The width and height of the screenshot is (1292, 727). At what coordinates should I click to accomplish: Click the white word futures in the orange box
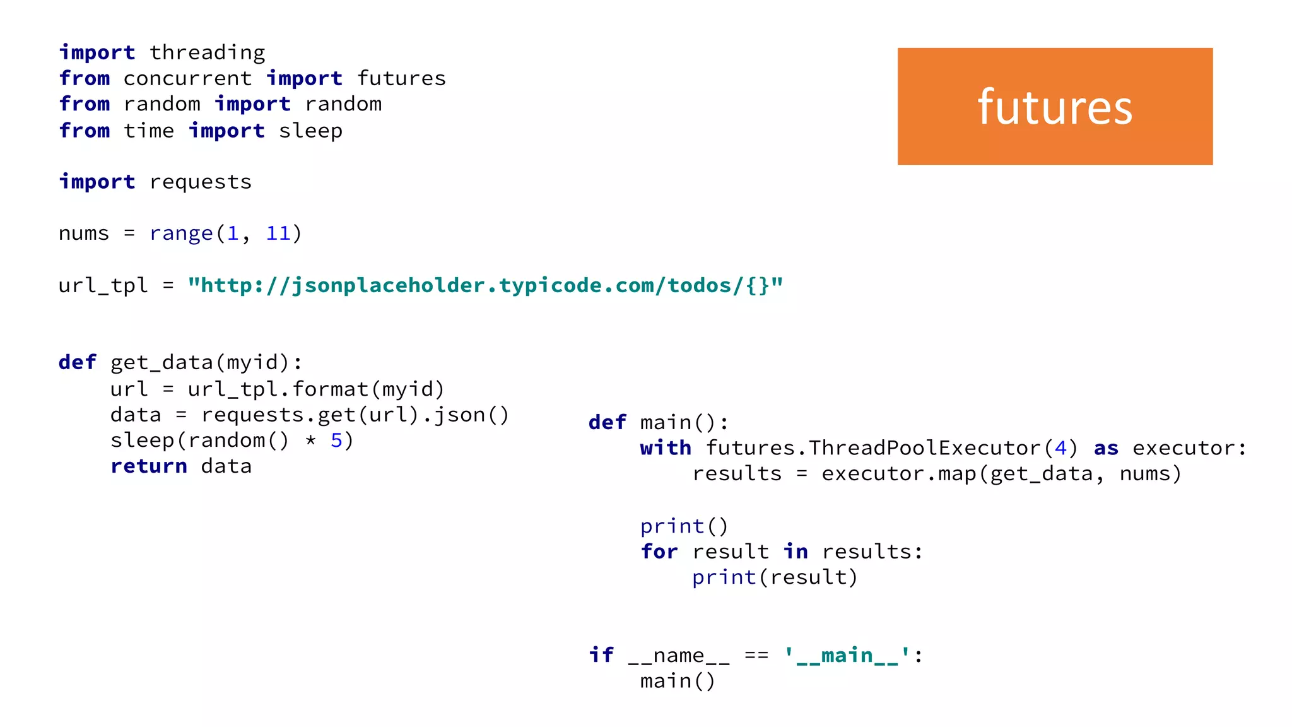pyautogui.click(x=1055, y=107)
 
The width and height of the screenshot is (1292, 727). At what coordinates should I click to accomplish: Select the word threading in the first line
pyautogui.click(x=207, y=52)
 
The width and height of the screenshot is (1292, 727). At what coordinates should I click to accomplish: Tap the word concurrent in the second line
pyautogui.click(x=187, y=78)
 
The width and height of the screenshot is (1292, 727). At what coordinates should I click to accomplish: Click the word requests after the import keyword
pyautogui.click(x=200, y=182)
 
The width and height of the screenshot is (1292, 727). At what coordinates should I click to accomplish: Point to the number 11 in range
pyautogui.click(x=278, y=233)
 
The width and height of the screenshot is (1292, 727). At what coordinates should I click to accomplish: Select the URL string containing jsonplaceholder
pyautogui.click(x=485, y=285)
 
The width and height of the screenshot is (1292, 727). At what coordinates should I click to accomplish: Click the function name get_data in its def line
pyautogui.click(x=161, y=362)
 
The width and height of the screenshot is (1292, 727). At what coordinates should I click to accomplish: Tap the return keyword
pyautogui.click(x=148, y=466)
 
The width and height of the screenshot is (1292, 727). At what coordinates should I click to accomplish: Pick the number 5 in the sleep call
pyautogui.click(x=336, y=440)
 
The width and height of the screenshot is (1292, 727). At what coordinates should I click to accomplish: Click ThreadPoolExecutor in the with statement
pyautogui.click(x=924, y=448)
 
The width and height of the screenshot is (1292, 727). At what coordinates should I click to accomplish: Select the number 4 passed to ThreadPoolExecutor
pyautogui.click(x=1060, y=448)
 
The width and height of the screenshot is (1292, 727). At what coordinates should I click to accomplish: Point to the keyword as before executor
pyautogui.click(x=1106, y=448)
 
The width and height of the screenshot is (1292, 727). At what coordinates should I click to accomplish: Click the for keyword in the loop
pyautogui.click(x=659, y=552)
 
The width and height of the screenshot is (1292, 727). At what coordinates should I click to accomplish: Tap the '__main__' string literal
pyautogui.click(x=847, y=656)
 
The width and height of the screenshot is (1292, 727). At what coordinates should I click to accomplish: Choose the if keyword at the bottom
pyautogui.click(x=601, y=655)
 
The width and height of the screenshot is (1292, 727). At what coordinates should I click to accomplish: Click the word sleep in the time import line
pyautogui.click(x=310, y=131)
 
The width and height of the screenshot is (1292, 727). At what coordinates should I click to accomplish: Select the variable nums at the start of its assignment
pyautogui.click(x=84, y=233)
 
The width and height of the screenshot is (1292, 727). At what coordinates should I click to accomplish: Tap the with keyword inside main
pyautogui.click(x=666, y=448)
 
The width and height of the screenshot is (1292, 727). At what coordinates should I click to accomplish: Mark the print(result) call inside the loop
pyautogui.click(x=775, y=577)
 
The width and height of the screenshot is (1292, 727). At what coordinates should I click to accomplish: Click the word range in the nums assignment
pyautogui.click(x=181, y=233)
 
